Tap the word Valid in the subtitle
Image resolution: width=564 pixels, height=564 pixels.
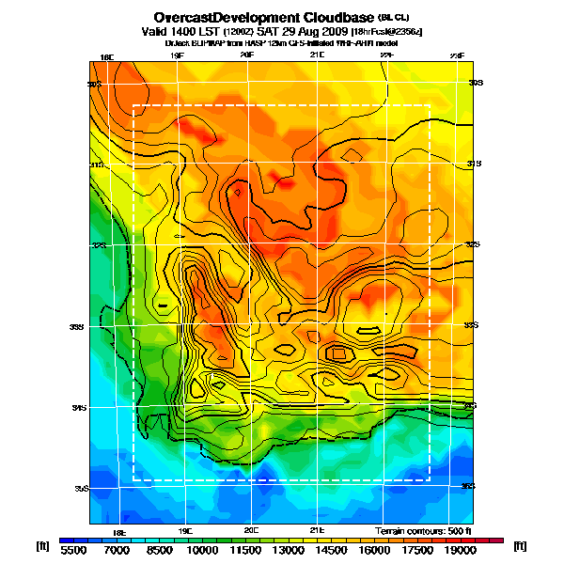159,31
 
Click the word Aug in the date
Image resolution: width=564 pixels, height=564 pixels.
298,31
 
